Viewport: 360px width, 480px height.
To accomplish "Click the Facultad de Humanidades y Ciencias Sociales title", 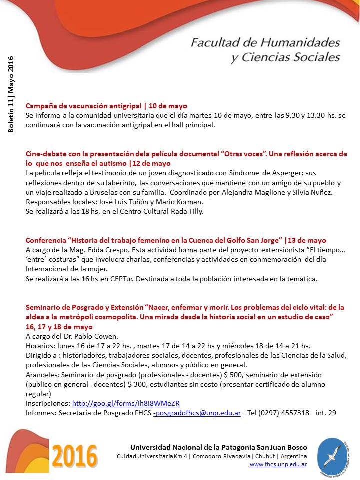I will coord(265,50).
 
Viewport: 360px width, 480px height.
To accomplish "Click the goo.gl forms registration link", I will coord(126,403).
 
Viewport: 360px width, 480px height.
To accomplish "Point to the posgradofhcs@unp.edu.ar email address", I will coord(198,413).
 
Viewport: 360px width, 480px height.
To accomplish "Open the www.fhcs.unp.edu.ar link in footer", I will coord(278,464).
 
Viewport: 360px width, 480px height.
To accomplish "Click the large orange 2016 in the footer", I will coord(75,455).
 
